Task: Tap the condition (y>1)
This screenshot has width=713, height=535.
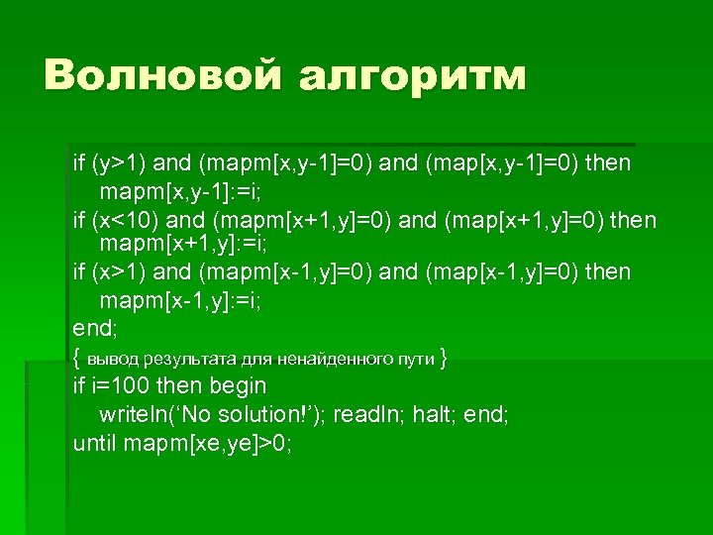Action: [121, 161]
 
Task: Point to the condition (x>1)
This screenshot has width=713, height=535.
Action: [121, 271]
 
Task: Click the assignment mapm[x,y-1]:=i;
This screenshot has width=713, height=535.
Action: [178, 189]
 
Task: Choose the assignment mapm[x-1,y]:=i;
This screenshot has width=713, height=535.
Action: [178, 298]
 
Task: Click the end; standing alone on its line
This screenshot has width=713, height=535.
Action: [95, 327]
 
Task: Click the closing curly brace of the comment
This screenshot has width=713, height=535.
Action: [443, 358]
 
